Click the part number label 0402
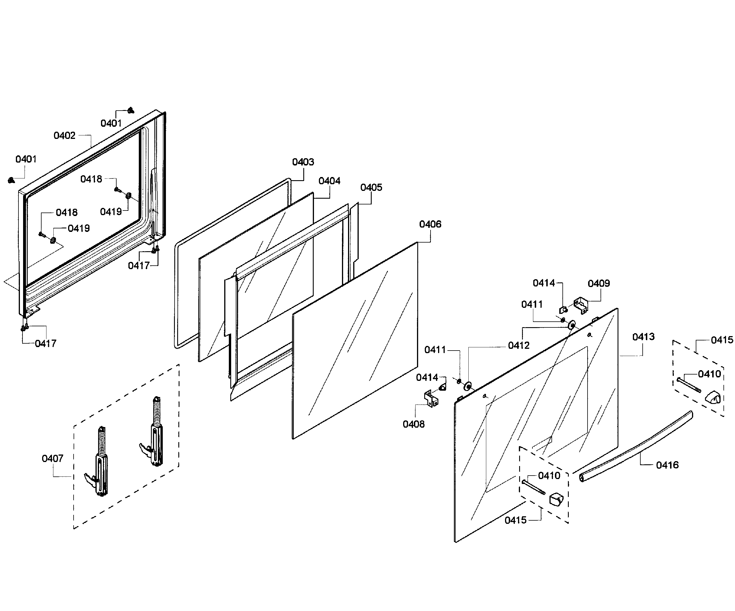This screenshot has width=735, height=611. tap(64, 135)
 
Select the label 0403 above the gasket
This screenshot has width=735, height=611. tap(303, 162)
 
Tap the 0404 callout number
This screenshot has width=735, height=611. tap(329, 181)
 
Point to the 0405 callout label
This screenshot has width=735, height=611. tap(371, 188)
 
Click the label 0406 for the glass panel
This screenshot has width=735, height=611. tap(430, 224)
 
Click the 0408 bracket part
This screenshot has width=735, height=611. tap(431, 399)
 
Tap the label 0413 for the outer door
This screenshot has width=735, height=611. tap(643, 337)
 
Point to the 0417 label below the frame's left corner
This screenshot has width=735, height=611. tap(46, 344)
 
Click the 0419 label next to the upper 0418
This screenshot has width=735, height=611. tap(111, 212)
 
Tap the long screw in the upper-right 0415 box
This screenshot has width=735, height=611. tap(689, 385)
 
